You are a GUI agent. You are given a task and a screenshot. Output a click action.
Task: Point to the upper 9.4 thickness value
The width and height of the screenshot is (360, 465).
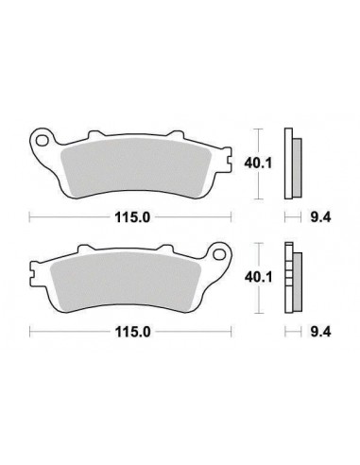pyautogui.click(x=319, y=219)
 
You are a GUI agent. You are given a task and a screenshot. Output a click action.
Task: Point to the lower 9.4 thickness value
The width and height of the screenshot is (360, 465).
pyautogui.click(x=319, y=332)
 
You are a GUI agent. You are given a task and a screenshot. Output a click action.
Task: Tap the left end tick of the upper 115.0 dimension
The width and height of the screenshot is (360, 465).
pyautogui.click(x=30, y=219)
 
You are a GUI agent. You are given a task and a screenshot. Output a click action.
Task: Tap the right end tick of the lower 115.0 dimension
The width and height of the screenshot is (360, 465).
pyautogui.click(x=231, y=332)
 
